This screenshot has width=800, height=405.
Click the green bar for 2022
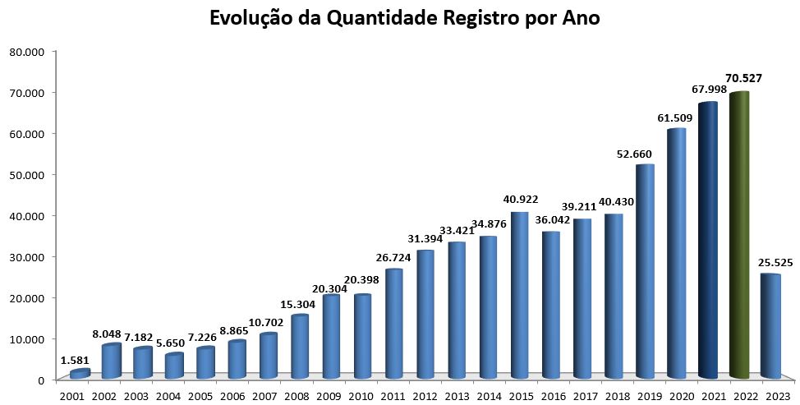coord(739,235)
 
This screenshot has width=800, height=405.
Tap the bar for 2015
coord(519,295)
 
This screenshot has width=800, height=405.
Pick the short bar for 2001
coord(80,374)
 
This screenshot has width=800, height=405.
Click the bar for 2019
coord(645,271)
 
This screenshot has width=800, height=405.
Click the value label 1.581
coord(76,359)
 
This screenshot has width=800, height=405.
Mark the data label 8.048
coord(106,334)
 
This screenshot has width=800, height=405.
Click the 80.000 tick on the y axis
coord(26,52)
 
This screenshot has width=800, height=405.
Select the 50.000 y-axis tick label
coord(26,175)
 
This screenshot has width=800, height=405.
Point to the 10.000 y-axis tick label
coord(26,338)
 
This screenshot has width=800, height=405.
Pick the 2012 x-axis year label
coord(425,396)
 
